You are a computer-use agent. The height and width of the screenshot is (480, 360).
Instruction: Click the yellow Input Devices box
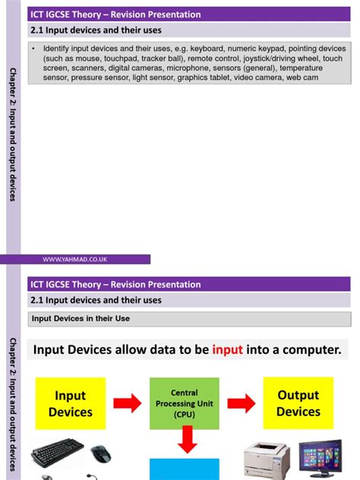point(70,403)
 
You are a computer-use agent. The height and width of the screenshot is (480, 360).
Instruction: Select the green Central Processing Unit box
point(183,404)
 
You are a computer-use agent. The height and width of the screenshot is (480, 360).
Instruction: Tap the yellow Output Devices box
point(298,403)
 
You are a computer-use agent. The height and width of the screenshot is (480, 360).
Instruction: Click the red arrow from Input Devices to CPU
point(127,403)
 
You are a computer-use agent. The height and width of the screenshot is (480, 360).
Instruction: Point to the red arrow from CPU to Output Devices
point(242,403)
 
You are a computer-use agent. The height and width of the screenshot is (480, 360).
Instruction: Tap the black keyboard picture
point(58,456)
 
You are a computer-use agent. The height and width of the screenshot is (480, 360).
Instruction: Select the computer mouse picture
point(101,454)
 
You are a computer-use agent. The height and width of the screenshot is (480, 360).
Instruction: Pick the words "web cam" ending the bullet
point(302,77)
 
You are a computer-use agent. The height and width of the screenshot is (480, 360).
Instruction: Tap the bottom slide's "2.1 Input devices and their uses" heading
point(96,300)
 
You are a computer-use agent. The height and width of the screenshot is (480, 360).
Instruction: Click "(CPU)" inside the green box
point(183,415)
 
